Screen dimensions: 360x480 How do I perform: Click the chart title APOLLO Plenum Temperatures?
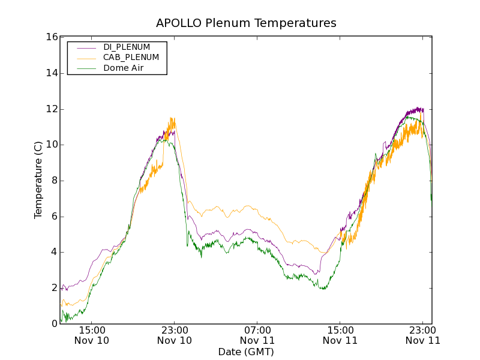246,23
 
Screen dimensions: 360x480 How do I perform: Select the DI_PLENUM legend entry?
127,47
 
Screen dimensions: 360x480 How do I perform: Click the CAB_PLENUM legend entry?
131,58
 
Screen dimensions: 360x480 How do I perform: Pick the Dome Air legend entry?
123,68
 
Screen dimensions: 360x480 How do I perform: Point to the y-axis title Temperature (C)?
38,180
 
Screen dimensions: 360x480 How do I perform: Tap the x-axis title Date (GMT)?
246,352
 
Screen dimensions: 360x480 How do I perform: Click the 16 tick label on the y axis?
51,37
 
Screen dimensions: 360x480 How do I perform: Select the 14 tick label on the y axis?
51,73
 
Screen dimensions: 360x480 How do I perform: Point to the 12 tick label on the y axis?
51,109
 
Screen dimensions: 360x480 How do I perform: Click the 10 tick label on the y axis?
51,145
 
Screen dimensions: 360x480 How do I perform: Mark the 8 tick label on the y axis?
53,181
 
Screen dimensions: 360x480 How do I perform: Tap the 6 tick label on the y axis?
53,217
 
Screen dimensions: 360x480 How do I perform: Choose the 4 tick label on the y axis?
53,252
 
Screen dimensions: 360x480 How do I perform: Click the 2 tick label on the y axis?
53,288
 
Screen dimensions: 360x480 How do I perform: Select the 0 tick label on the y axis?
53,324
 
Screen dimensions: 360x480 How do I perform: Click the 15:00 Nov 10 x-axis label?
92,335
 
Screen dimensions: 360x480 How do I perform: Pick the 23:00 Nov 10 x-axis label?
175,335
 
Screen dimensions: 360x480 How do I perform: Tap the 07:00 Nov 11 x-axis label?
257,335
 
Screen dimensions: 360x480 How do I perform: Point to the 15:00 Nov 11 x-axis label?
340,335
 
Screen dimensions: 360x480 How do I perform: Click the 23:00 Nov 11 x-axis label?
423,335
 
